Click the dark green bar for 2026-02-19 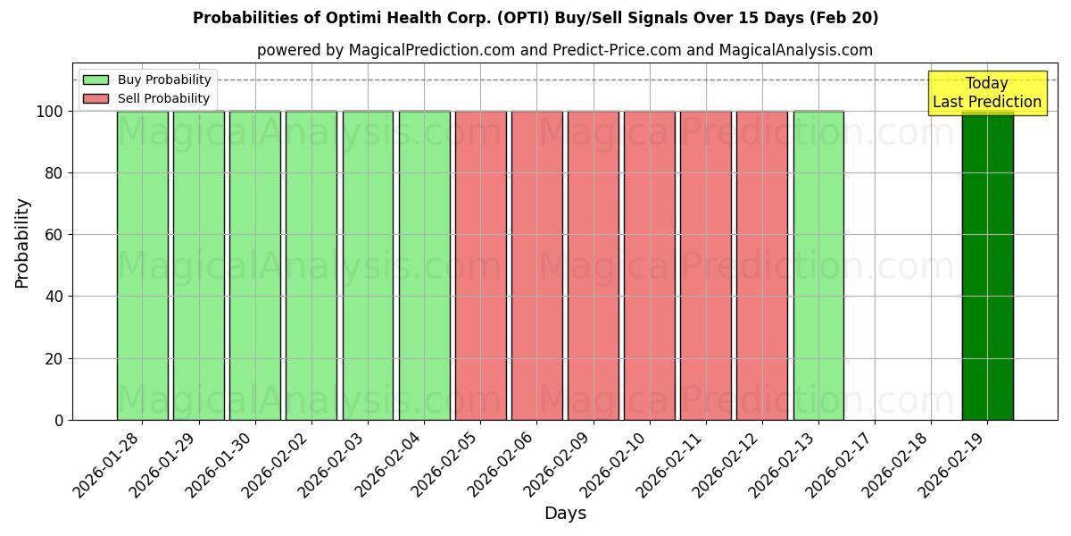987,268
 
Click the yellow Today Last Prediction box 986,93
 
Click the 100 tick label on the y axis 49,112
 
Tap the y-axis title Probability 22,242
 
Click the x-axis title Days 565,514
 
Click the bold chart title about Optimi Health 535,18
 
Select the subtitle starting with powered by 564,50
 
